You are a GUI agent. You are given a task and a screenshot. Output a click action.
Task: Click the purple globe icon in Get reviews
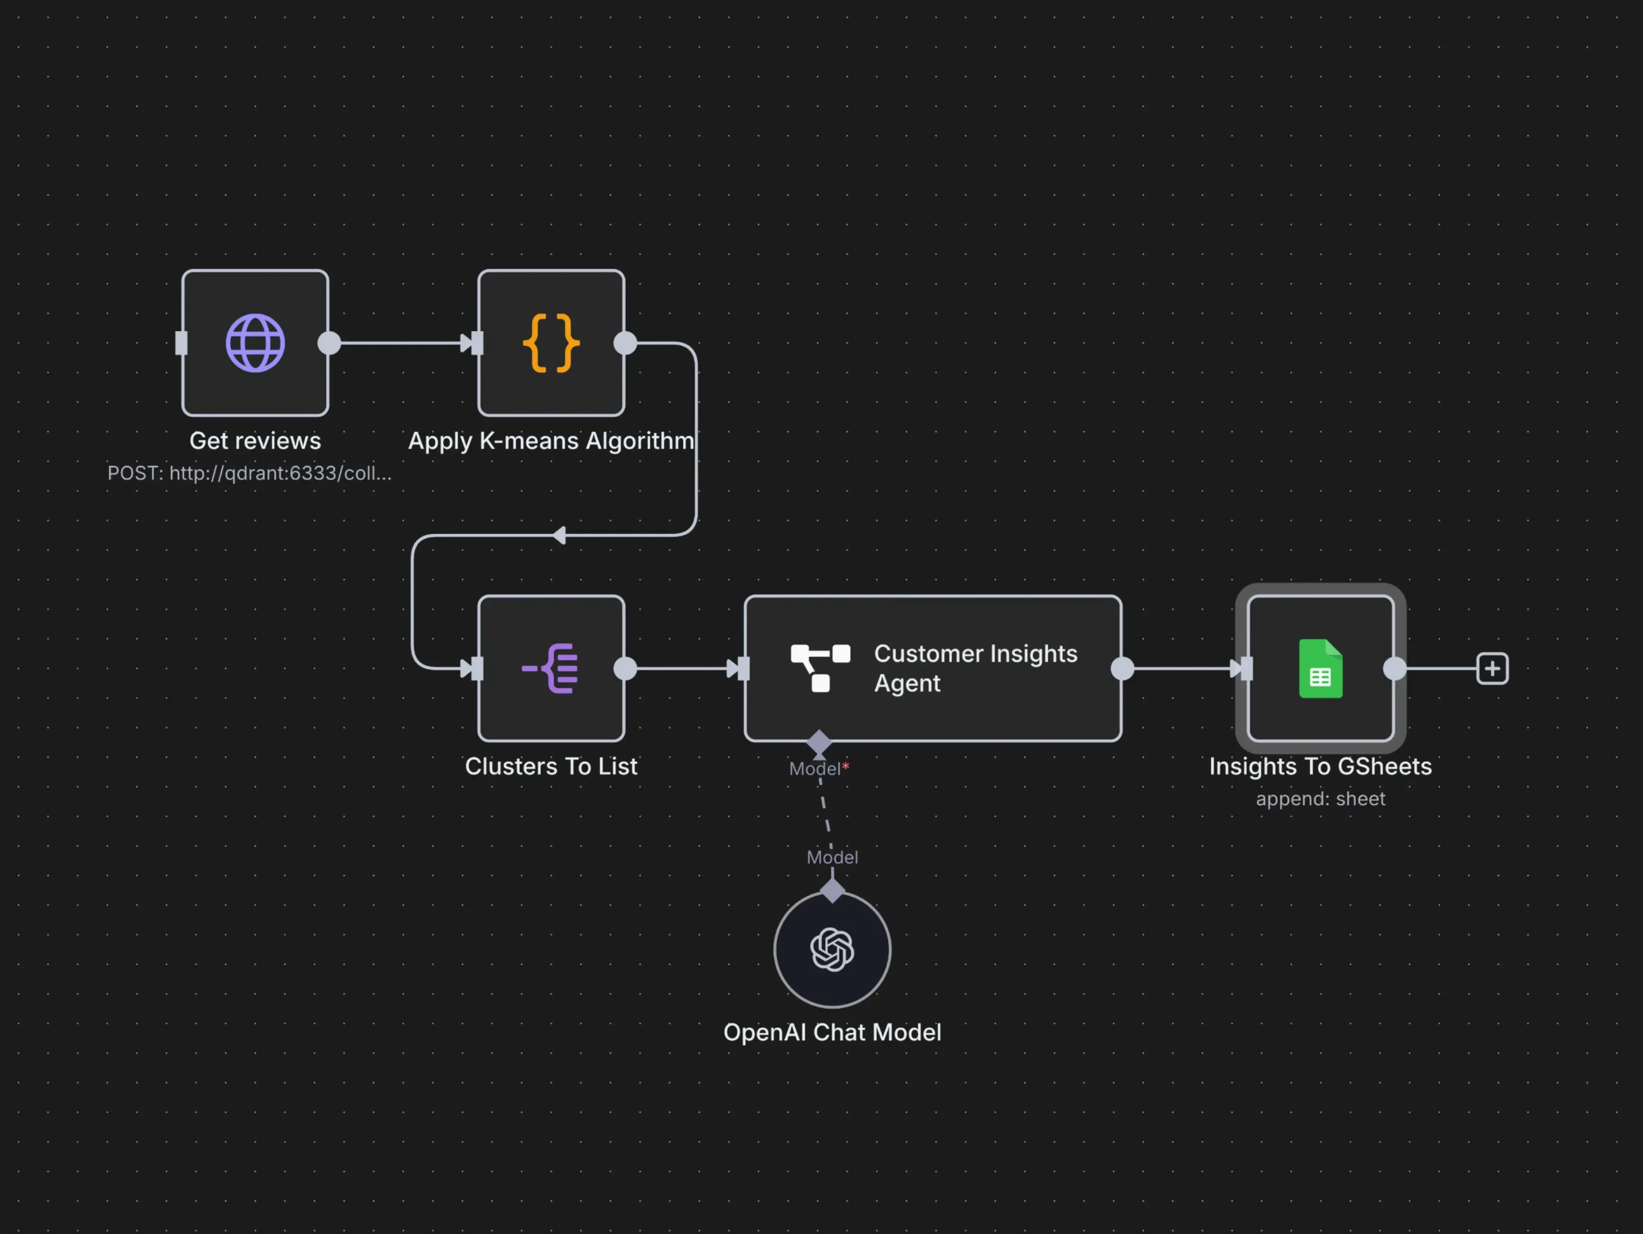(x=255, y=343)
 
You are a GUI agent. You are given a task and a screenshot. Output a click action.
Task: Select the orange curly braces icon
(x=551, y=343)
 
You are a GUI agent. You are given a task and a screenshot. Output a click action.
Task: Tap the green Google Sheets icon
(x=1320, y=668)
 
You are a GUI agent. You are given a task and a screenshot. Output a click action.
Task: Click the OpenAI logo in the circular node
(x=832, y=949)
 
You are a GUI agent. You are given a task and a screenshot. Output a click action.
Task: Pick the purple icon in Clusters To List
(x=551, y=668)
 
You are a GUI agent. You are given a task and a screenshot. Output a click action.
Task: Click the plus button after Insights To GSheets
(x=1492, y=668)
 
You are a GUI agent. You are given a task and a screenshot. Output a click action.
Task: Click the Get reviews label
(x=255, y=440)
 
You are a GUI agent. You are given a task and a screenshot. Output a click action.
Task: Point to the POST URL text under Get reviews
(x=250, y=473)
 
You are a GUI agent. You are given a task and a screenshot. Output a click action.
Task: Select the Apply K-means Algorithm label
(x=551, y=440)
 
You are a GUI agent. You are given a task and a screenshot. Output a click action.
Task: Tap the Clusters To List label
(x=551, y=766)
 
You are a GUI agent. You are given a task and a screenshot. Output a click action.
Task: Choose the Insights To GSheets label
(x=1320, y=766)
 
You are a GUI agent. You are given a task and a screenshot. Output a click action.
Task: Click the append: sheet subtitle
(x=1320, y=798)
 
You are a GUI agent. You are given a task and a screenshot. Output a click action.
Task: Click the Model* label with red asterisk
(x=818, y=769)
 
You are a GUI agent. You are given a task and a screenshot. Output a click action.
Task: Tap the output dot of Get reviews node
(x=329, y=343)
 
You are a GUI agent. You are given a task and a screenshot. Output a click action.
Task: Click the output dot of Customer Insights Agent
(x=1122, y=668)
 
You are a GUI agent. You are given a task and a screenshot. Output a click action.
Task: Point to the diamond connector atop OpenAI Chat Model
(x=832, y=890)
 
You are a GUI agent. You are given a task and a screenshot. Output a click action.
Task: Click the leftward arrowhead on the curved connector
(x=559, y=535)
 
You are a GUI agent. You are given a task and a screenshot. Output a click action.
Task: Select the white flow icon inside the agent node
(x=820, y=667)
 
